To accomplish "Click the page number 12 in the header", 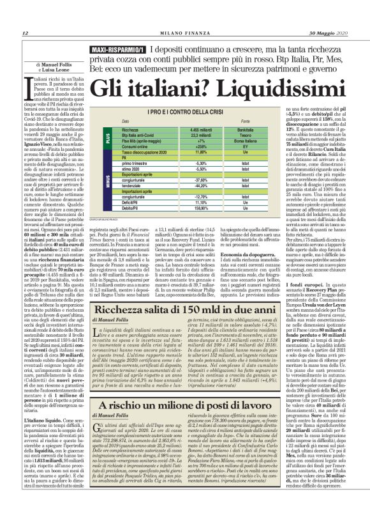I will (x=25, y=33).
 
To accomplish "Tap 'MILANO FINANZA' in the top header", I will (x=185, y=33).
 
